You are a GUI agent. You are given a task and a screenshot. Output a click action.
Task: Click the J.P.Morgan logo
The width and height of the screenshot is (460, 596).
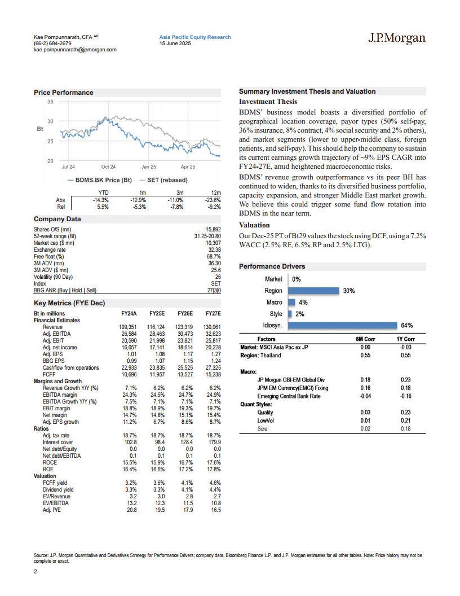click(x=397, y=38)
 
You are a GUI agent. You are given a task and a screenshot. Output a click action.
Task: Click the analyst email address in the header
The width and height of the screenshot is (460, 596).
click(x=75, y=50)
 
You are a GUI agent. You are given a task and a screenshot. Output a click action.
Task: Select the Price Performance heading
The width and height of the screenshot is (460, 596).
click(x=63, y=93)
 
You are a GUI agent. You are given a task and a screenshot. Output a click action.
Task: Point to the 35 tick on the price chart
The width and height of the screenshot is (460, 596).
click(x=51, y=102)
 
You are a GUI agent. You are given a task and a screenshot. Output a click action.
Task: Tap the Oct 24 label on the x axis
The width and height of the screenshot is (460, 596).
click(x=109, y=167)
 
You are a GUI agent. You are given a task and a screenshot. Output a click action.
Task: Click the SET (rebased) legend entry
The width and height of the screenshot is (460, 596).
click(x=163, y=180)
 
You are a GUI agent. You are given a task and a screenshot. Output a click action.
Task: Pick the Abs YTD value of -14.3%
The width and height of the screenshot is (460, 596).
click(x=100, y=200)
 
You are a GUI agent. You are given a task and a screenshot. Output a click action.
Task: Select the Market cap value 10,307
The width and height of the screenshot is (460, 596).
click(x=213, y=243)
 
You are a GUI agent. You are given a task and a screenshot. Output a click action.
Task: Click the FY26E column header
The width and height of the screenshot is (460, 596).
click(x=185, y=314)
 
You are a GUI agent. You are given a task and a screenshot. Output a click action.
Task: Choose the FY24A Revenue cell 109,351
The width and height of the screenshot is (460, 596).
click(x=127, y=327)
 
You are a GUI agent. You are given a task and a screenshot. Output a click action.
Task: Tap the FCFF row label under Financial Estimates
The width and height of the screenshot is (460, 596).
click(x=49, y=374)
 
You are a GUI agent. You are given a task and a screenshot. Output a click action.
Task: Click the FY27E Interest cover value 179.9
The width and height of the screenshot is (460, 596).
click(x=214, y=442)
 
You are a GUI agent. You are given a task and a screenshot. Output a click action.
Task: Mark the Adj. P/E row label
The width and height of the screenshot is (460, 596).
click(x=52, y=510)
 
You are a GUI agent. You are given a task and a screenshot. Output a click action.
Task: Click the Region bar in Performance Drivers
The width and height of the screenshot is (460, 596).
click(x=313, y=291)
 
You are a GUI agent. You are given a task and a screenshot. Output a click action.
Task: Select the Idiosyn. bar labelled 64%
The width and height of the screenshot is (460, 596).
click(x=342, y=325)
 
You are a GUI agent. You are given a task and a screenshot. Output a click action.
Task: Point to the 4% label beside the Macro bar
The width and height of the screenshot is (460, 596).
click(x=303, y=303)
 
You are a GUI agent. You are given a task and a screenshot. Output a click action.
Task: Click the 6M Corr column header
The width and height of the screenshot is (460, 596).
click(x=365, y=339)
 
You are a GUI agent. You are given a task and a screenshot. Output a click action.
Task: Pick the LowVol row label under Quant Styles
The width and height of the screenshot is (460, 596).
click(x=266, y=420)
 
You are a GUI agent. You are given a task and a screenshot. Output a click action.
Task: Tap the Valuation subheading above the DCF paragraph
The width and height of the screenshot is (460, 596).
click(x=254, y=225)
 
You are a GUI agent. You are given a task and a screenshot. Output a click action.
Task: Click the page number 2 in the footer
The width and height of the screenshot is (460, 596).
click(x=36, y=571)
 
